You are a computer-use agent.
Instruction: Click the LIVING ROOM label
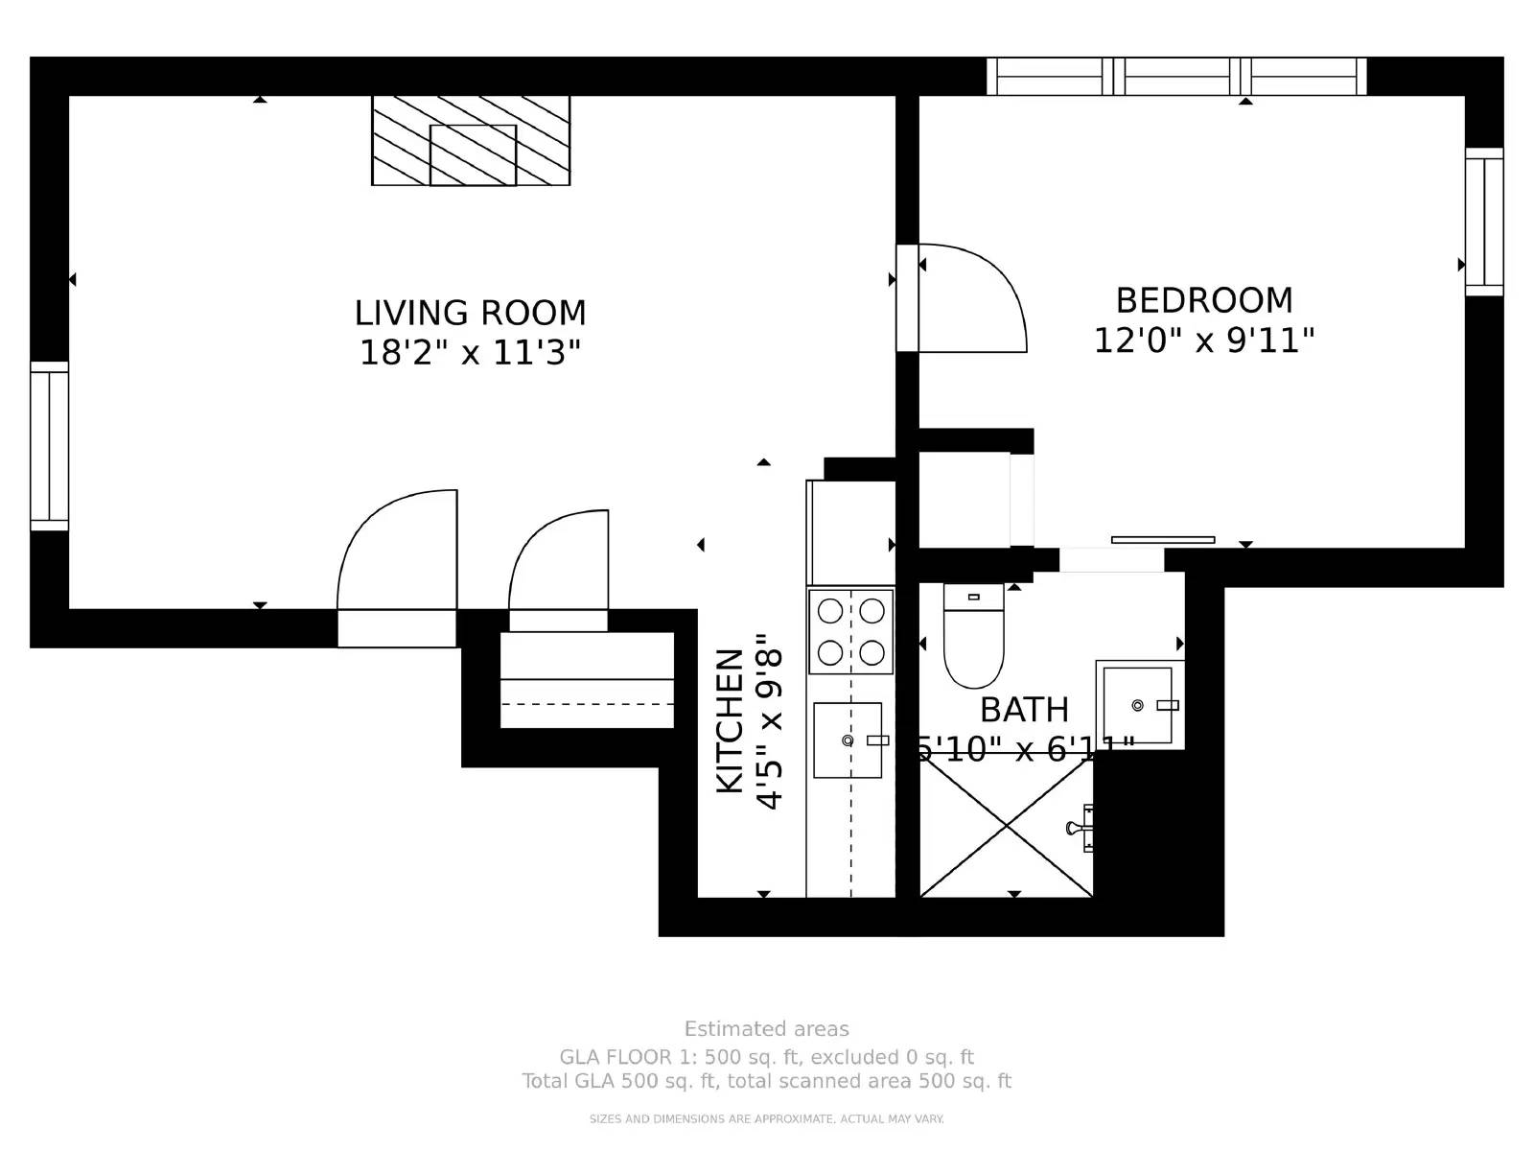[470, 313]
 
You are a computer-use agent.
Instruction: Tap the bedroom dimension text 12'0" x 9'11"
[1203, 341]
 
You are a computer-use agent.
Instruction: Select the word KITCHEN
[731, 721]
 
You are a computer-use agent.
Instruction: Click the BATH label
[1024, 710]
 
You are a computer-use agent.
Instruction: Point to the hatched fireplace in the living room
[471, 141]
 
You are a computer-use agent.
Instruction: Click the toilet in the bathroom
[973, 638]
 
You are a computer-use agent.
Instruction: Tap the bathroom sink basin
[1137, 705]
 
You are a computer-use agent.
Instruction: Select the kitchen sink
[848, 740]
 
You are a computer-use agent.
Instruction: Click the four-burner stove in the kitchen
[850, 631]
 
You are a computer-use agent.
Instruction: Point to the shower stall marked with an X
[1006, 826]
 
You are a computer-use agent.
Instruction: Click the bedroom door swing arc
[973, 297]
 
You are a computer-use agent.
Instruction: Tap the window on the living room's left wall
[49, 446]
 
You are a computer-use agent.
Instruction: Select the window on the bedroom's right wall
[1483, 222]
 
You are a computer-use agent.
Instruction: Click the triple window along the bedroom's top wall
[1176, 77]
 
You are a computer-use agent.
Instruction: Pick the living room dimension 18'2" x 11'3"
[470, 353]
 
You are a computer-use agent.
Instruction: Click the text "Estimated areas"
[766, 1029]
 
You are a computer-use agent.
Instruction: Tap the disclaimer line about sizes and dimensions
[766, 1119]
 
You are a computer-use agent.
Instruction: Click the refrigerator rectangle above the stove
[851, 532]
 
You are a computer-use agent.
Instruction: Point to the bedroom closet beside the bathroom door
[964, 499]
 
